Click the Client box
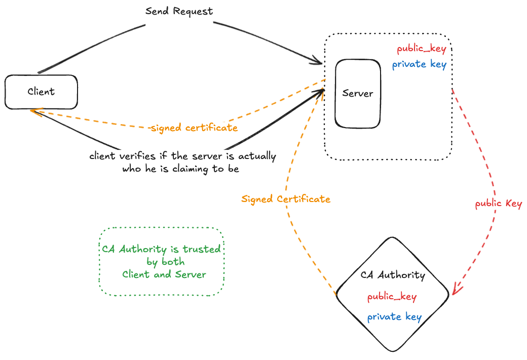point(41,92)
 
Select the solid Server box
point(358,93)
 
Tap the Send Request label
point(179,11)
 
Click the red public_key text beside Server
point(421,49)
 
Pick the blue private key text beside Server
point(419,65)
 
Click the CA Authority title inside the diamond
point(393,275)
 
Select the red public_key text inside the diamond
point(392,297)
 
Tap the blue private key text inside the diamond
point(394,317)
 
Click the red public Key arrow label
point(498,204)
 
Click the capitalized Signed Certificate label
point(286,199)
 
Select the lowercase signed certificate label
point(194,128)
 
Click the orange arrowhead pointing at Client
point(33,111)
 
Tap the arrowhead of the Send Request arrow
point(318,62)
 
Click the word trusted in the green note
point(202,249)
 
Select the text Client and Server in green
point(164,274)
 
